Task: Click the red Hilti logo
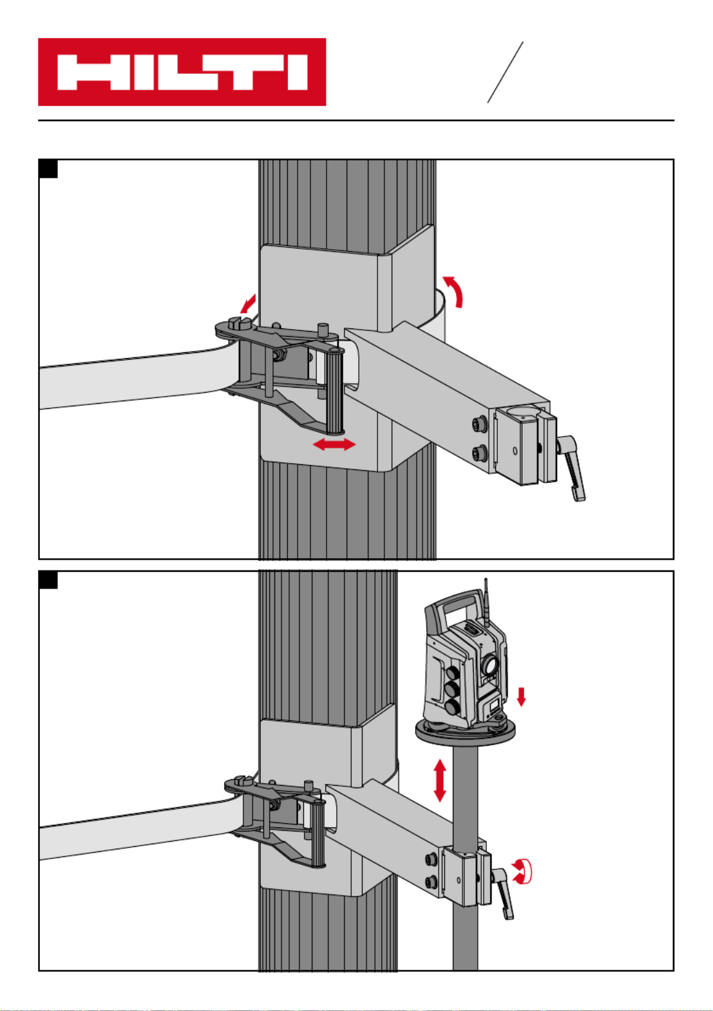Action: pos(182,71)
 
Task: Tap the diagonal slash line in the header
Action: pos(505,72)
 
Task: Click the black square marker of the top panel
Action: pos(48,169)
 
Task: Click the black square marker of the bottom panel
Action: pos(48,580)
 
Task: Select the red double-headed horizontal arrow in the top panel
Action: pos(334,444)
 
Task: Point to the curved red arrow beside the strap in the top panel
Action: pos(454,291)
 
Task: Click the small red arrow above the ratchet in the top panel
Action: pos(248,303)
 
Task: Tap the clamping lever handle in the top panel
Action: pos(573,468)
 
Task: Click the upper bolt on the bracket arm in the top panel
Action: pos(479,424)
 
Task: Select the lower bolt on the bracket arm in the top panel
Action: pos(479,452)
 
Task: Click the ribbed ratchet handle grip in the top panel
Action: pos(334,390)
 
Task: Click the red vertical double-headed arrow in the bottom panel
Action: pos(439,780)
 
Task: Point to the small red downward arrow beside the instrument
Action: pos(521,696)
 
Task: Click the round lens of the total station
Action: pos(490,665)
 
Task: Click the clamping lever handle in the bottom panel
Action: pos(504,894)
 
